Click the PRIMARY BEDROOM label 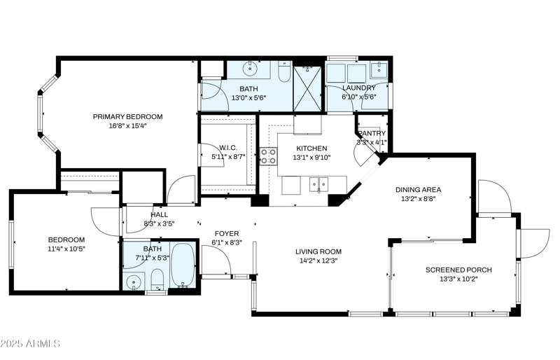pyautogui.click(x=128, y=116)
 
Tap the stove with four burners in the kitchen pyautogui.click(x=268, y=155)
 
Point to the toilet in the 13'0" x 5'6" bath pyautogui.click(x=284, y=72)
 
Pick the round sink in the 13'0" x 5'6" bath pyautogui.click(x=250, y=69)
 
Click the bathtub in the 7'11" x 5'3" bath pyautogui.click(x=183, y=267)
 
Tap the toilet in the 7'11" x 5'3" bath pyautogui.click(x=157, y=281)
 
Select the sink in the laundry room pyautogui.click(x=378, y=69)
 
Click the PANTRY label pyautogui.click(x=372, y=133)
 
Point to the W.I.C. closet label pyautogui.click(x=228, y=147)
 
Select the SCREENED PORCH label pyautogui.click(x=458, y=270)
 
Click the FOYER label pyautogui.click(x=226, y=233)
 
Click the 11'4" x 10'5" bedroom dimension pyautogui.click(x=66, y=249)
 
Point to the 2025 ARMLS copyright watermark pyautogui.click(x=31, y=344)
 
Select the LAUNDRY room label pyautogui.click(x=358, y=88)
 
